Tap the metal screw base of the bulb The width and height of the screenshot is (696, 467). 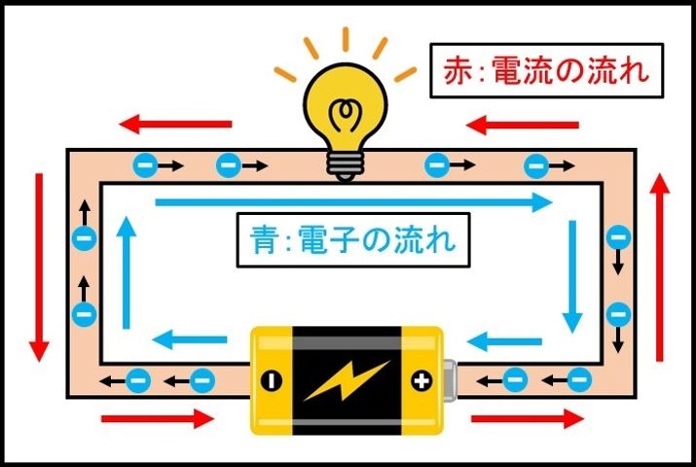pos(344,163)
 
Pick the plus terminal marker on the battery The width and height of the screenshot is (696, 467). pos(421,380)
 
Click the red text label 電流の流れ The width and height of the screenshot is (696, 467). pos(540,70)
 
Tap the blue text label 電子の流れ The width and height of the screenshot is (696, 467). pos(351,237)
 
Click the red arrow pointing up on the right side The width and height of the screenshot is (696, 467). pos(660,268)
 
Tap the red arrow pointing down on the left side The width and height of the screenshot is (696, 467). pos(40,268)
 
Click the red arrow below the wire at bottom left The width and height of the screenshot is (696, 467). pos(157,418)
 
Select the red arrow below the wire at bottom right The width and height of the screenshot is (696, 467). pos(527,418)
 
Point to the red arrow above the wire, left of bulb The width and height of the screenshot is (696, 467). pos(176,124)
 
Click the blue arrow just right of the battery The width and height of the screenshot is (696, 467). pos(500,340)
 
